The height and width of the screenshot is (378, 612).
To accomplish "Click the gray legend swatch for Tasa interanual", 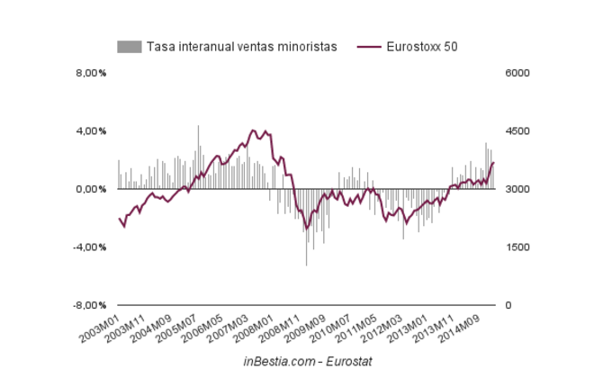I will pyautogui.click(x=130, y=47).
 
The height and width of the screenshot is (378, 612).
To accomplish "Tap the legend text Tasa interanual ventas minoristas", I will pyautogui.click(x=241, y=47).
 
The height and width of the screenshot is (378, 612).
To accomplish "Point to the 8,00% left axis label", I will pyautogui.click(x=90, y=73).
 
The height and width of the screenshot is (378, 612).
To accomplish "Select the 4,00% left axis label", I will pyautogui.click(x=90, y=131).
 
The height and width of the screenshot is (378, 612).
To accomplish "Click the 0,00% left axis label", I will pyautogui.click(x=90, y=189).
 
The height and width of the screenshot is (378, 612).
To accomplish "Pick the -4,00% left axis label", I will pyautogui.click(x=88, y=247).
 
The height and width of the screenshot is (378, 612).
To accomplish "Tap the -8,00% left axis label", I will pyautogui.click(x=88, y=306).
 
